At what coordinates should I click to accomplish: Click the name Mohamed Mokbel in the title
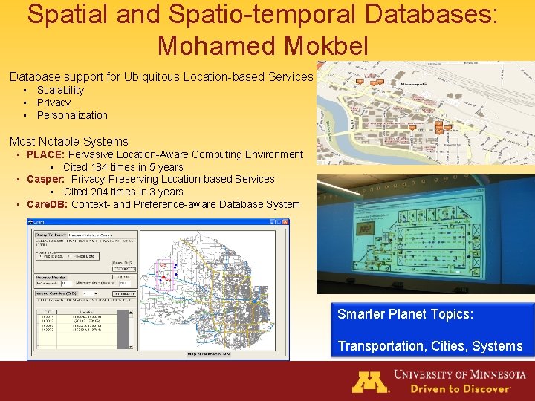pyautogui.click(x=262, y=45)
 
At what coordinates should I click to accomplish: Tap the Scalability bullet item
pyautogui.click(x=60, y=90)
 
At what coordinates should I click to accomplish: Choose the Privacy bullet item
pyautogui.click(x=53, y=102)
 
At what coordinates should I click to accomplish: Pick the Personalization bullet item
pyautogui.click(x=72, y=115)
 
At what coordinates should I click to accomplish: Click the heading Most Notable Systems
pyautogui.click(x=68, y=141)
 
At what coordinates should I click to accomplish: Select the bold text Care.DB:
pyautogui.click(x=47, y=204)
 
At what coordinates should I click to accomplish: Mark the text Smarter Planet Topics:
pyautogui.click(x=405, y=314)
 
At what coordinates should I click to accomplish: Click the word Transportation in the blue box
pyautogui.click(x=379, y=346)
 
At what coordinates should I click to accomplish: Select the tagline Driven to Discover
pyautogui.click(x=461, y=388)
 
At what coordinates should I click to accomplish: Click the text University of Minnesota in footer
pyautogui.click(x=460, y=374)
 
